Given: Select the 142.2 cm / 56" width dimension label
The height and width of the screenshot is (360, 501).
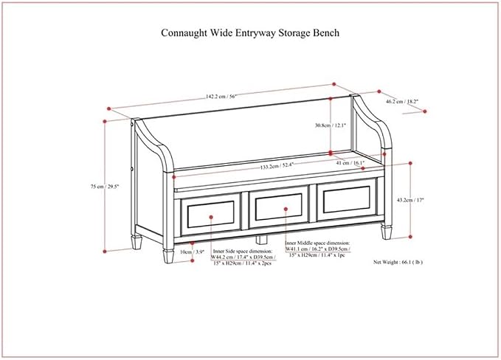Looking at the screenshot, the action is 221,97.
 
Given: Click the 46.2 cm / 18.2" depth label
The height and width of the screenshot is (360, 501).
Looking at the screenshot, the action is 402,102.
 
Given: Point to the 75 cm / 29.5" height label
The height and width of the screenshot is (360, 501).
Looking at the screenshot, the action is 105,186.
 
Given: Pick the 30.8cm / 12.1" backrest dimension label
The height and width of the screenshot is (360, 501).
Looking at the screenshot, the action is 330,125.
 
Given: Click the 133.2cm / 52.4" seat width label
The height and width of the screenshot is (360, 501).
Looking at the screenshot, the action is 277,166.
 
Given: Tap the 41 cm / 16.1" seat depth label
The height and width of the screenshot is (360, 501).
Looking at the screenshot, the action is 350,163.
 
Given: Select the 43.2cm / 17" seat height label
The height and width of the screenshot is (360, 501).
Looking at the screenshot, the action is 410,200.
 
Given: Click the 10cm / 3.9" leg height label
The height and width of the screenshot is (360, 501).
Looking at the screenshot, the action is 192,252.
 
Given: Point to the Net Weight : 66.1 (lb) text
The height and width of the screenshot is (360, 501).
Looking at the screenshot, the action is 398,262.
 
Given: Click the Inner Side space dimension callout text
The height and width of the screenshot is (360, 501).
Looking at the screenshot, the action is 243,257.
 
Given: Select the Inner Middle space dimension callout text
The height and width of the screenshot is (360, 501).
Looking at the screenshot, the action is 317,249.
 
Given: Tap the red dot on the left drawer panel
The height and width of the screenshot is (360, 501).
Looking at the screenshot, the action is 211,217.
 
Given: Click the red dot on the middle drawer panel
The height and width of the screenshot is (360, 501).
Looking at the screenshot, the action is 286,209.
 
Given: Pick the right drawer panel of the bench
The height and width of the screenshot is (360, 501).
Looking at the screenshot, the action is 346,200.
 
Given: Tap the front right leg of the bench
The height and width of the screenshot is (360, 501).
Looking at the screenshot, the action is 386,232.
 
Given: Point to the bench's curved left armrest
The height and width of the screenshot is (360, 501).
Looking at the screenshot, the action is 153,144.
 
